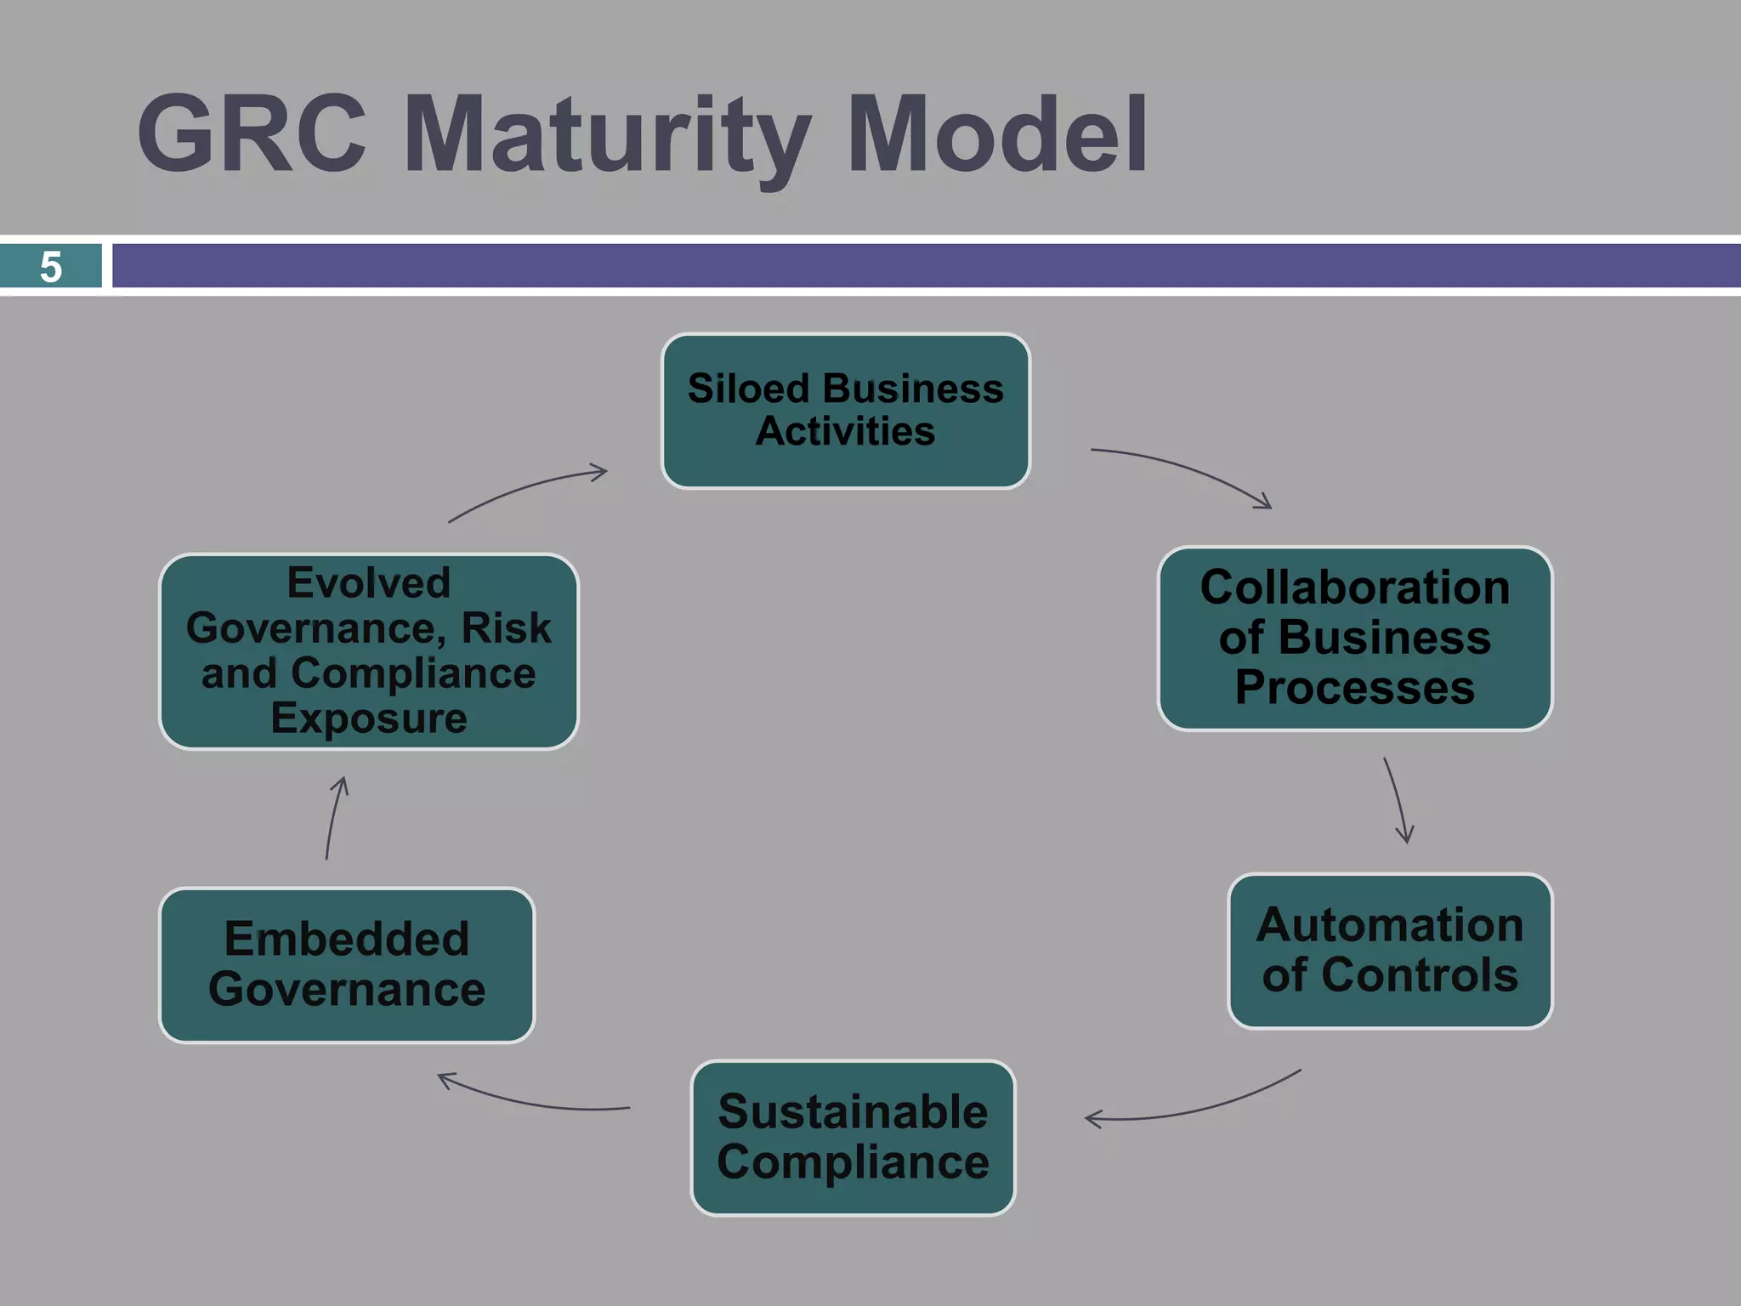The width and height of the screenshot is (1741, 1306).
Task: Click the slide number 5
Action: coord(51,266)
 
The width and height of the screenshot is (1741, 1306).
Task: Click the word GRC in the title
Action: coord(252,134)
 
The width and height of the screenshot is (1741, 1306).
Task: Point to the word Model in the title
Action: coord(997,134)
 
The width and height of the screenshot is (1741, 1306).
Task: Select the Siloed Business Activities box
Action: coord(845,411)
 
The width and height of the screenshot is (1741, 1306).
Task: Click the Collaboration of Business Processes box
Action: coord(1354,638)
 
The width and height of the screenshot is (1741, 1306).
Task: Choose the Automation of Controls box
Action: coord(1389,951)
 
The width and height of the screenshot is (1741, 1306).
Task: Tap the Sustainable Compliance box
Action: coord(853,1137)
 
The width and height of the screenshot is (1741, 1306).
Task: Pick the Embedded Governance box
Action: coord(347,964)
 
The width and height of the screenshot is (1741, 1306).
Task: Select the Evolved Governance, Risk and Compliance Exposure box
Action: coord(368,650)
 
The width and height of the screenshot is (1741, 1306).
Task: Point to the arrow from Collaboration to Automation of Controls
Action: coord(1397,800)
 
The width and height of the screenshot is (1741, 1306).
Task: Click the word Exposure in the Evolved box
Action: coord(368,718)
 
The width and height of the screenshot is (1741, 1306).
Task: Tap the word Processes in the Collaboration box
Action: coord(1354,687)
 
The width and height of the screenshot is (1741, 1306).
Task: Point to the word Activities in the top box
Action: coord(845,431)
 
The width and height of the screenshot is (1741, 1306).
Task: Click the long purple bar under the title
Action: coord(927,266)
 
